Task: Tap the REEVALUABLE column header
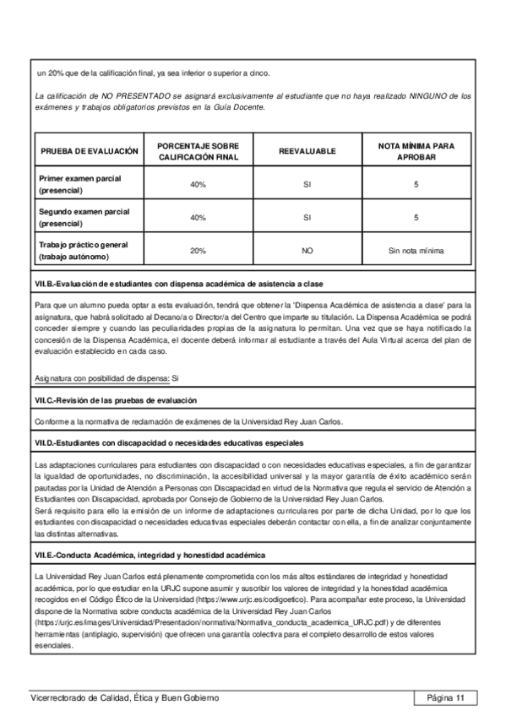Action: click(x=307, y=151)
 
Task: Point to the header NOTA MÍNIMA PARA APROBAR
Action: click(x=416, y=151)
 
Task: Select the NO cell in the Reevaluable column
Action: click(x=307, y=251)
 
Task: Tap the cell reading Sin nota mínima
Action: click(x=416, y=251)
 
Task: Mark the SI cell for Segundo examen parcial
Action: click(x=307, y=218)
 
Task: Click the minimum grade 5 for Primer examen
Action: click(x=416, y=184)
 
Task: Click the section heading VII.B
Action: click(x=178, y=282)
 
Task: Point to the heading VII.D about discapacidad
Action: click(x=170, y=442)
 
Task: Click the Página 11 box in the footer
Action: click(x=446, y=697)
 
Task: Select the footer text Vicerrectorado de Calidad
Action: click(x=124, y=697)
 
